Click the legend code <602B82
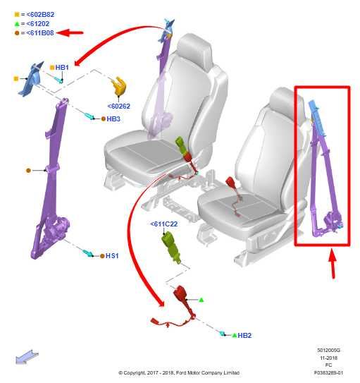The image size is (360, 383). pyautogui.click(x=40, y=14)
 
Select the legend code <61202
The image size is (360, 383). pyautogui.click(x=38, y=24)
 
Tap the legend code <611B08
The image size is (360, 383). pyautogui.click(x=40, y=32)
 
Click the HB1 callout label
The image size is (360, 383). pyautogui.click(x=62, y=68)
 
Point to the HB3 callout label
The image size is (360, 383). pyautogui.click(x=113, y=119)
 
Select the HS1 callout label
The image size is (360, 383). pyautogui.click(x=112, y=256)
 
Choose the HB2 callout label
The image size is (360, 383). pyautogui.click(x=244, y=335)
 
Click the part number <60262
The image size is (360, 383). pyautogui.click(x=119, y=107)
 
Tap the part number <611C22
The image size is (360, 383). pyautogui.click(x=164, y=224)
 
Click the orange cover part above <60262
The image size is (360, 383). pyautogui.click(x=119, y=86)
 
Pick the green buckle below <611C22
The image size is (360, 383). pyautogui.click(x=171, y=248)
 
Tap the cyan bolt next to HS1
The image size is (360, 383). pyautogui.click(x=88, y=253)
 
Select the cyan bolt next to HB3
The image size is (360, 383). pyautogui.click(x=89, y=116)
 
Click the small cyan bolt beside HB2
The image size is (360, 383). pyautogui.click(x=223, y=334)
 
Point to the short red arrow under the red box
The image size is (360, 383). pyautogui.click(x=333, y=263)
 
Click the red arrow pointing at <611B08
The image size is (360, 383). pyautogui.click(x=70, y=32)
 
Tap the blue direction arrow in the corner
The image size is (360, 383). pyautogui.click(x=27, y=357)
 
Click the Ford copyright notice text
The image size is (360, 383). pyautogui.click(x=179, y=372)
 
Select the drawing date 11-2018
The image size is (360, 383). pyautogui.click(x=328, y=358)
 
